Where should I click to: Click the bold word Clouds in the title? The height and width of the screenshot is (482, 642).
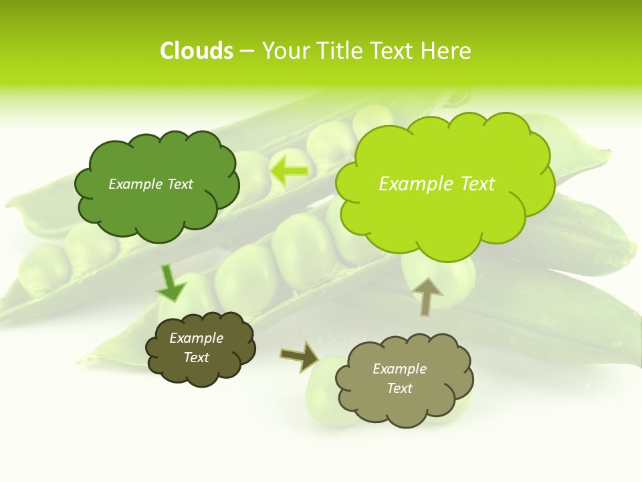196,51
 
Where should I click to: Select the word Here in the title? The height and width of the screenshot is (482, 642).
447,51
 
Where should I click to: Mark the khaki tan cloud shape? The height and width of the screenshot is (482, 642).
404,380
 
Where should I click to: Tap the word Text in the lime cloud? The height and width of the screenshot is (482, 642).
477,184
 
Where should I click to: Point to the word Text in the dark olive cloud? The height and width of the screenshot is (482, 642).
197,358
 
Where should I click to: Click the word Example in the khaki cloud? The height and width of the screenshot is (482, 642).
399,369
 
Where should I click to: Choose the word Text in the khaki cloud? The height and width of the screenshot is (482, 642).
400,388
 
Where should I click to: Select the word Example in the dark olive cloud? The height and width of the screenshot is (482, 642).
197,339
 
